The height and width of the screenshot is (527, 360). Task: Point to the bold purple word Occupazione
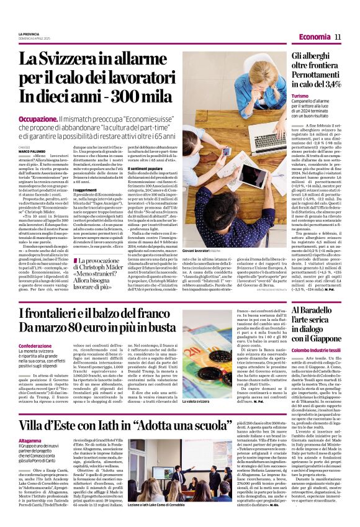(38, 119)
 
